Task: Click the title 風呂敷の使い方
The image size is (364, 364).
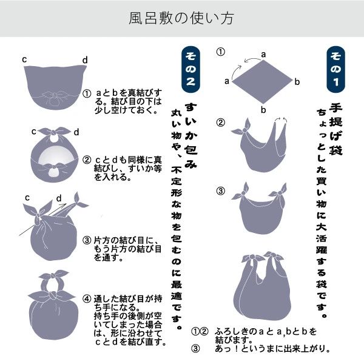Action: [182, 19]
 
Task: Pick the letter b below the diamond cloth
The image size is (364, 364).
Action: [263, 109]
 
